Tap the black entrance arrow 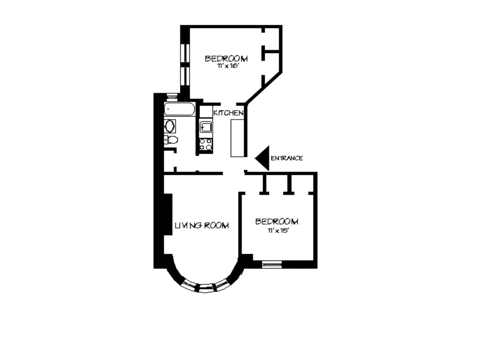[263, 158]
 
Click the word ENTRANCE [287, 158]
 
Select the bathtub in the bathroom [179, 109]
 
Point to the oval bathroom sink [170, 126]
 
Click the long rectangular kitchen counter [238, 138]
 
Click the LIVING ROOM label [201, 225]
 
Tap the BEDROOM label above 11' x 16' [226, 58]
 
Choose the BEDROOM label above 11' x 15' [277, 222]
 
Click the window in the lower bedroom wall [272, 264]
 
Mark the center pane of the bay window [206, 288]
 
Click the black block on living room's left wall [168, 215]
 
